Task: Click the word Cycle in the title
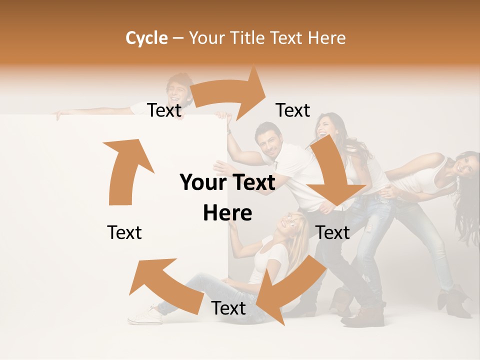[146, 38]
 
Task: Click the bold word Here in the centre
[227, 213]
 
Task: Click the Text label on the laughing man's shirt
[164, 110]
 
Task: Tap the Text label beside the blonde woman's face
[332, 232]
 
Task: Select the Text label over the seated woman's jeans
[228, 308]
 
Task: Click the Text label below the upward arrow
[124, 232]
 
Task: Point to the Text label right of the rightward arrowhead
[292, 110]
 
